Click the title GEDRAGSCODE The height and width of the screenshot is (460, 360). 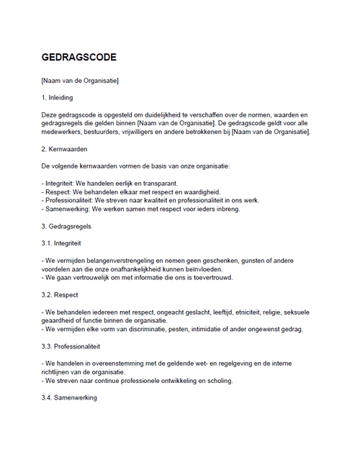78,57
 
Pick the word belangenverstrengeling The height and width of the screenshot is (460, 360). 122,260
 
